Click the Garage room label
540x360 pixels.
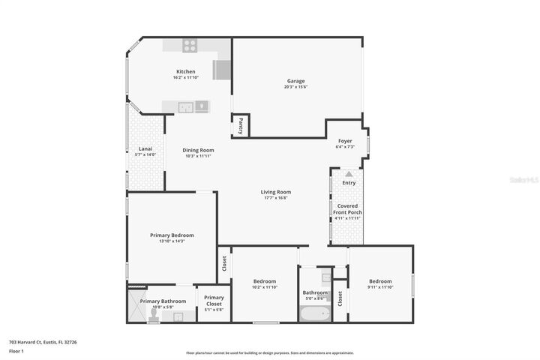(296, 81)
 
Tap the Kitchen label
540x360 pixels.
(185, 72)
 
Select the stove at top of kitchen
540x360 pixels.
(190, 43)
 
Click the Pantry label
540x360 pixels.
(240, 126)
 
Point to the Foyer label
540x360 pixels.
(345, 141)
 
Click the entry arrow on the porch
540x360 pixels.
(349, 174)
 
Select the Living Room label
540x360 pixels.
(276, 192)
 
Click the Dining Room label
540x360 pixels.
(198, 150)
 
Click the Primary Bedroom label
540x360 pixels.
(172, 235)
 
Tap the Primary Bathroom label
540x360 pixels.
(163, 301)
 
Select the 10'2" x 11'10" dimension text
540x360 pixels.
(264, 287)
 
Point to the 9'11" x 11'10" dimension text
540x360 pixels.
(379, 287)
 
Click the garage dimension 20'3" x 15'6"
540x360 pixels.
(296, 87)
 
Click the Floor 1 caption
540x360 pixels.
(16, 351)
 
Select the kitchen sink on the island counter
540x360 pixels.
(200, 106)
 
